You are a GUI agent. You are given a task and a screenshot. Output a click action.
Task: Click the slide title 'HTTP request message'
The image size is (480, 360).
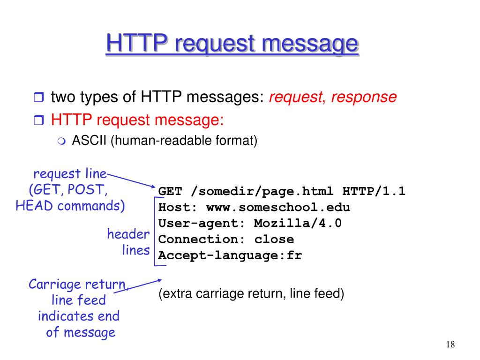(x=232, y=45)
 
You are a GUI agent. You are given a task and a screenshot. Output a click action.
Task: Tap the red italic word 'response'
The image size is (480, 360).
(x=364, y=97)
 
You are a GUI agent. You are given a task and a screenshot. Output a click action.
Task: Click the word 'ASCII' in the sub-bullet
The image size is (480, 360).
(x=90, y=141)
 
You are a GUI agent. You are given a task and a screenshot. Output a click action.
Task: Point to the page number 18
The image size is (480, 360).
(x=450, y=345)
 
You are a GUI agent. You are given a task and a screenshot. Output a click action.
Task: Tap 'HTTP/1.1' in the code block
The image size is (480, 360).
(x=374, y=191)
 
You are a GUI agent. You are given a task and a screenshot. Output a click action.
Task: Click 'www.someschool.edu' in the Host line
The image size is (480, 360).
(x=278, y=207)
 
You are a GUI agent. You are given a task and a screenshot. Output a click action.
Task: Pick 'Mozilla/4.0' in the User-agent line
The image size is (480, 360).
(x=298, y=223)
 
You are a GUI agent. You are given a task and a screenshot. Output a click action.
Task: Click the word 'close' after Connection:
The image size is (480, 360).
(x=274, y=239)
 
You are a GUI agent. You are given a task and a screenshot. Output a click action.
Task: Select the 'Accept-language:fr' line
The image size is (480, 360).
(x=230, y=255)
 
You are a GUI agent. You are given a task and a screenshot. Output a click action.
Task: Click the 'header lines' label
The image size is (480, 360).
(x=128, y=242)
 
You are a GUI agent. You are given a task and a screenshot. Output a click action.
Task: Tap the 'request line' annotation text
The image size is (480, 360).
(x=70, y=174)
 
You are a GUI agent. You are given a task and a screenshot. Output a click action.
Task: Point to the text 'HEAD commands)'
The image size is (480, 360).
(x=70, y=206)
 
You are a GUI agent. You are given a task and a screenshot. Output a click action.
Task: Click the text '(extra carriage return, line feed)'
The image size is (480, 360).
(x=251, y=294)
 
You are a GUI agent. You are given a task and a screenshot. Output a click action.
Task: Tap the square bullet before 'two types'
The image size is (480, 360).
(x=38, y=98)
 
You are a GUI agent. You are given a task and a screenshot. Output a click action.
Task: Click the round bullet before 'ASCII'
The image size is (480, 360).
(x=62, y=141)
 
